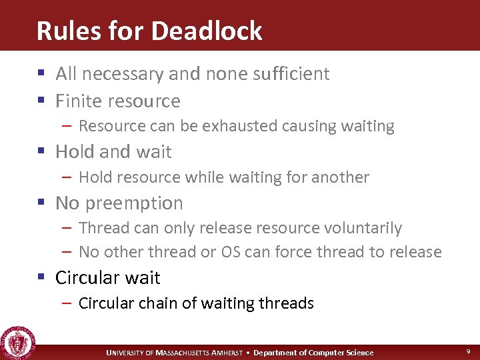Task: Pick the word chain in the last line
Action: point(159,303)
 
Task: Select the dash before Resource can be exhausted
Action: point(68,126)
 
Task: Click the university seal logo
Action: point(18,341)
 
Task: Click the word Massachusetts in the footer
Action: point(186,353)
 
